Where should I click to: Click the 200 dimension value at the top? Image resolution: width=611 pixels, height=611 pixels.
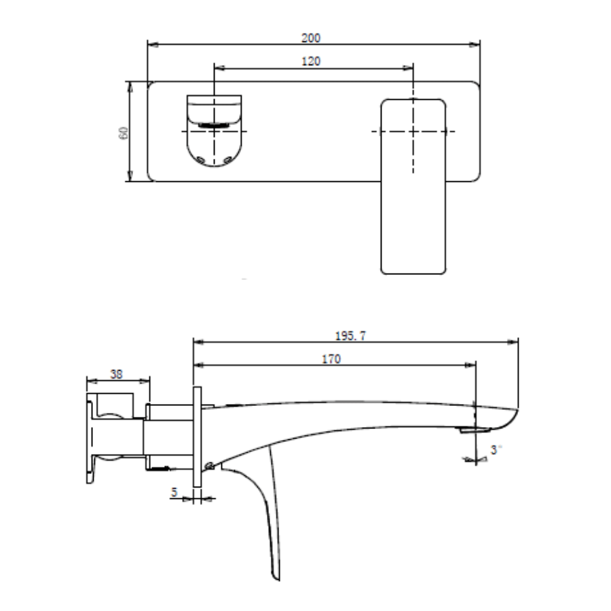click(312, 37)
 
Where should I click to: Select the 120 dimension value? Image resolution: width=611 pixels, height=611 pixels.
click(312, 60)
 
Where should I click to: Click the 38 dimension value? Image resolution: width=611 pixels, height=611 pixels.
click(117, 373)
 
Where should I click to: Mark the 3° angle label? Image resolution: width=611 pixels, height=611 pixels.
click(497, 449)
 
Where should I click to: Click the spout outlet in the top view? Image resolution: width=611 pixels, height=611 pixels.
click(214, 130)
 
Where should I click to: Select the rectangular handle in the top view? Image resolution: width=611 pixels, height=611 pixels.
click(413, 186)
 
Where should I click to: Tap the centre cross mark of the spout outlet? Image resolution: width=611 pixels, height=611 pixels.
click(215, 130)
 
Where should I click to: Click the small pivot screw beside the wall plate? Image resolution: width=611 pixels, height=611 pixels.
click(210, 465)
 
